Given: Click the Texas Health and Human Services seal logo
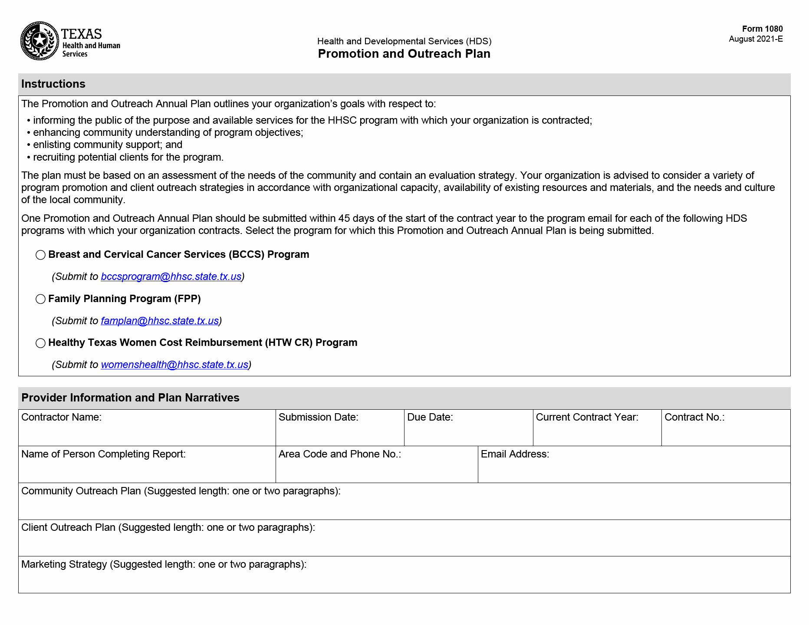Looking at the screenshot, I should [40, 41].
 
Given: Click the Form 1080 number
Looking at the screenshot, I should [762, 29].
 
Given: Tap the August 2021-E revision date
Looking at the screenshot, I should [756, 39].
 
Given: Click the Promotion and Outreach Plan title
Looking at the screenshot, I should [404, 54].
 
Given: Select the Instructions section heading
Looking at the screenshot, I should [53, 84].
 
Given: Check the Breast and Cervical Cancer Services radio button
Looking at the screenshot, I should [40, 255].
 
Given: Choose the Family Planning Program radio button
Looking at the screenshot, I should [40, 299].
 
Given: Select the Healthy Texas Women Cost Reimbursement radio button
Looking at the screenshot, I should [40, 343].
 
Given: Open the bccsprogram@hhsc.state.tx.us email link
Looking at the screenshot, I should [171, 276].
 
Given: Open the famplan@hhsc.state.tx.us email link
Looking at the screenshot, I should [160, 321].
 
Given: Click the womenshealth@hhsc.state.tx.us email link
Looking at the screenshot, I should [174, 365].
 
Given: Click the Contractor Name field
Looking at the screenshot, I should [147, 432].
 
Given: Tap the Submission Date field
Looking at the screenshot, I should [340, 433].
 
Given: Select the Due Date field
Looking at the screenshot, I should [468, 433].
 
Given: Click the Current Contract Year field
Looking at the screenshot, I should [597, 433].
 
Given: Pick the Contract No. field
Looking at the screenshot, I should [726, 433].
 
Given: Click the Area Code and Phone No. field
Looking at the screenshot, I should [377, 470].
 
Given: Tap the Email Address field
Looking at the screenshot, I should [634, 470].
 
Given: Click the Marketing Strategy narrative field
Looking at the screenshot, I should [404, 580].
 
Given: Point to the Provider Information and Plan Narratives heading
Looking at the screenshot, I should [130, 398].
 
